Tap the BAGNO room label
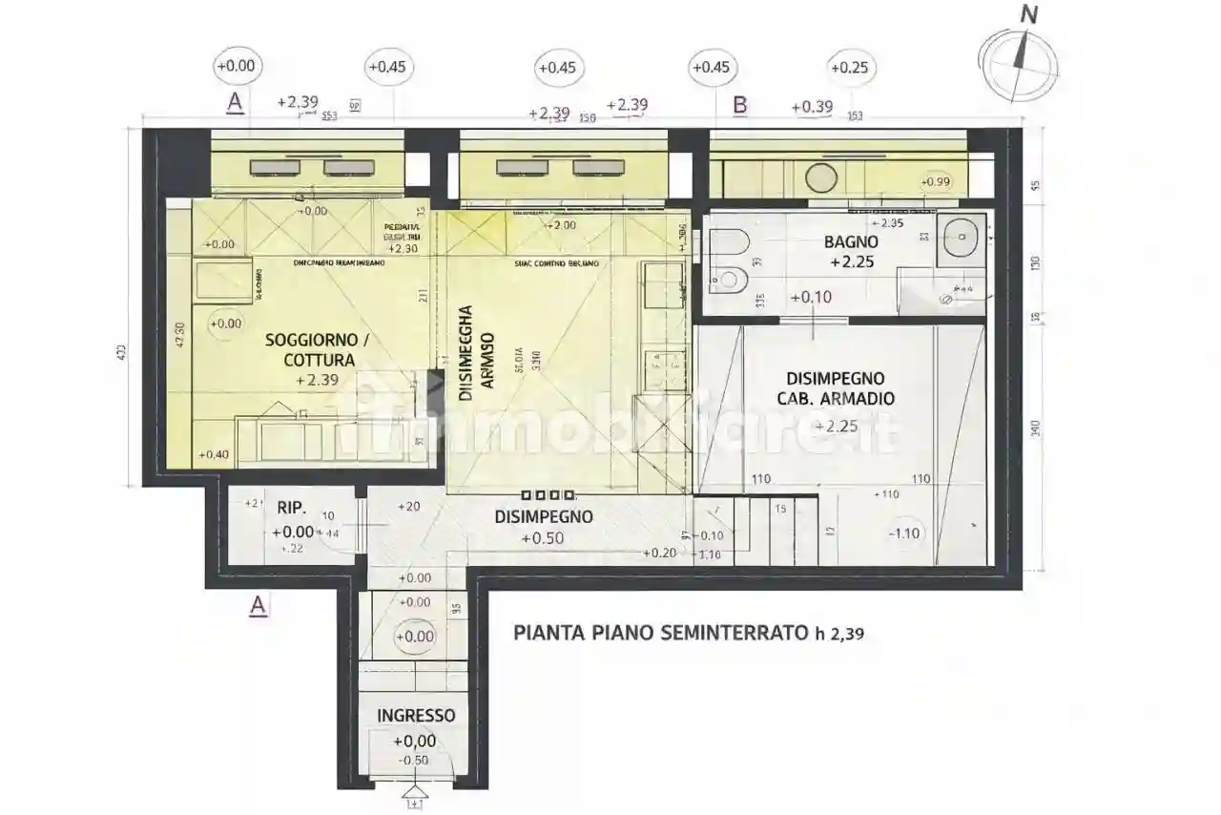click(x=850, y=241)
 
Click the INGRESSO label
click(x=416, y=716)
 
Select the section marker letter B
click(x=739, y=105)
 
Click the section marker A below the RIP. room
click(x=257, y=605)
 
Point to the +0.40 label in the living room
click(x=214, y=454)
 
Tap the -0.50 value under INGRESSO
click(x=415, y=760)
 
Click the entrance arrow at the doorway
click(x=414, y=792)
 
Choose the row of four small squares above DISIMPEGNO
click(x=548, y=495)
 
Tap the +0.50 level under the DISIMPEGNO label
click(x=542, y=538)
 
